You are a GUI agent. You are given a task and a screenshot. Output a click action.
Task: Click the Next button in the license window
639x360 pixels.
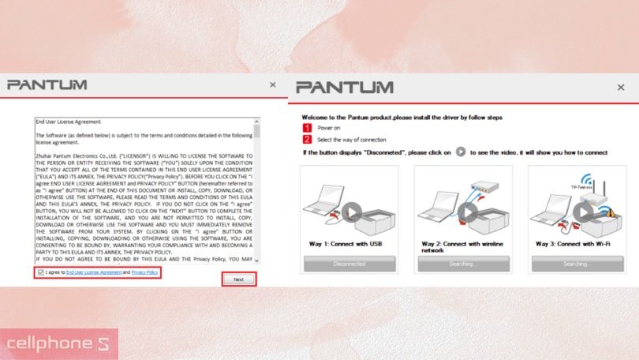(x=238, y=279)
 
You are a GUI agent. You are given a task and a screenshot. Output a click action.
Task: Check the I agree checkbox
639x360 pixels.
(x=41, y=272)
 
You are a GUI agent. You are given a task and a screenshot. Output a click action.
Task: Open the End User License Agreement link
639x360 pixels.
(x=93, y=272)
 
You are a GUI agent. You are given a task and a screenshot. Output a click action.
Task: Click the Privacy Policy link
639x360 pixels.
(x=144, y=272)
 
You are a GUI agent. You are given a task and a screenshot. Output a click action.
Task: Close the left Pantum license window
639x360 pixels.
(x=273, y=84)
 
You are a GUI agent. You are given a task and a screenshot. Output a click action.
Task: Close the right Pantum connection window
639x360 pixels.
(x=622, y=87)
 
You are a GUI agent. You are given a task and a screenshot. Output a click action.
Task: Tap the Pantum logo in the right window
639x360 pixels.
(x=344, y=88)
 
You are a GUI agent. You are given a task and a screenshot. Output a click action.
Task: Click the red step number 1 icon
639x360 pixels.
(x=308, y=127)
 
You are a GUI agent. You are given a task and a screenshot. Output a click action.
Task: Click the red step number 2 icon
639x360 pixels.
(x=308, y=139)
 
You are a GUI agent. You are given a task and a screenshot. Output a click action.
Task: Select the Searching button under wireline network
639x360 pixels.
(x=465, y=264)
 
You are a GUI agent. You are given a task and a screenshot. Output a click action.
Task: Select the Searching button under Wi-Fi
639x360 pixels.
(x=577, y=264)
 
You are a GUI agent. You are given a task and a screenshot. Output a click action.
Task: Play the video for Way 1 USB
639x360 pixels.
(x=352, y=212)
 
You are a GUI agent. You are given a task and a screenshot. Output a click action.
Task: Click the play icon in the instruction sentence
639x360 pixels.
(x=461, y=152)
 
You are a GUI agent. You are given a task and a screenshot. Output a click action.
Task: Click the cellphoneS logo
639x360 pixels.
(x=58, y=344)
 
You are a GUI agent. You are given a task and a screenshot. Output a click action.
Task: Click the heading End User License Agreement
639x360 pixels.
(x=68, y=123)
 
